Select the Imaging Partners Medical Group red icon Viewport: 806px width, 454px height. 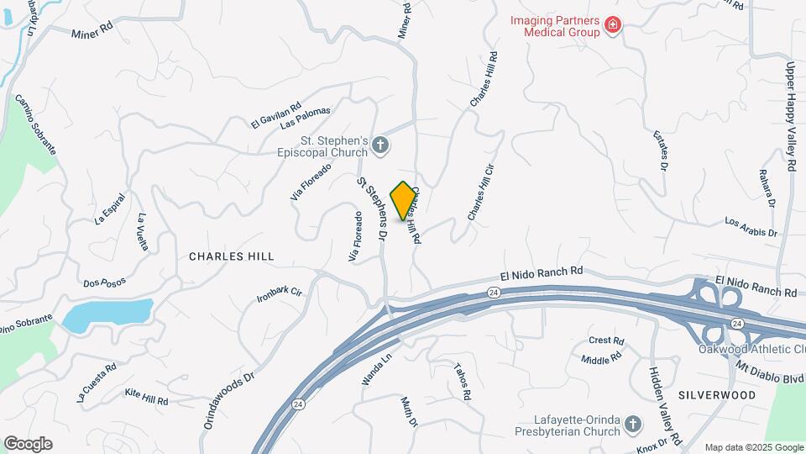tap(613, 26)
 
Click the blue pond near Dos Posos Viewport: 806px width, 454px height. tap(107, 315)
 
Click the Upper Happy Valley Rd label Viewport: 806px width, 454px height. tap(790, 115)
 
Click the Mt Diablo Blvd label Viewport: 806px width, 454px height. tap(771, 368)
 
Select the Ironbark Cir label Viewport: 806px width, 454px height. tap(280, 295)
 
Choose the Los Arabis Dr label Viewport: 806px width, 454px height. tap(751, 227)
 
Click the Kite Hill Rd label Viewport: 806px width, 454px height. tap(146, 396)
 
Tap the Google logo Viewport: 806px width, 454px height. tap(28, 444)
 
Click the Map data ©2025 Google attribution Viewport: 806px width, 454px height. tap(754, 447)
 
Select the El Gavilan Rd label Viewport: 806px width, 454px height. tap(275, 117)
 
